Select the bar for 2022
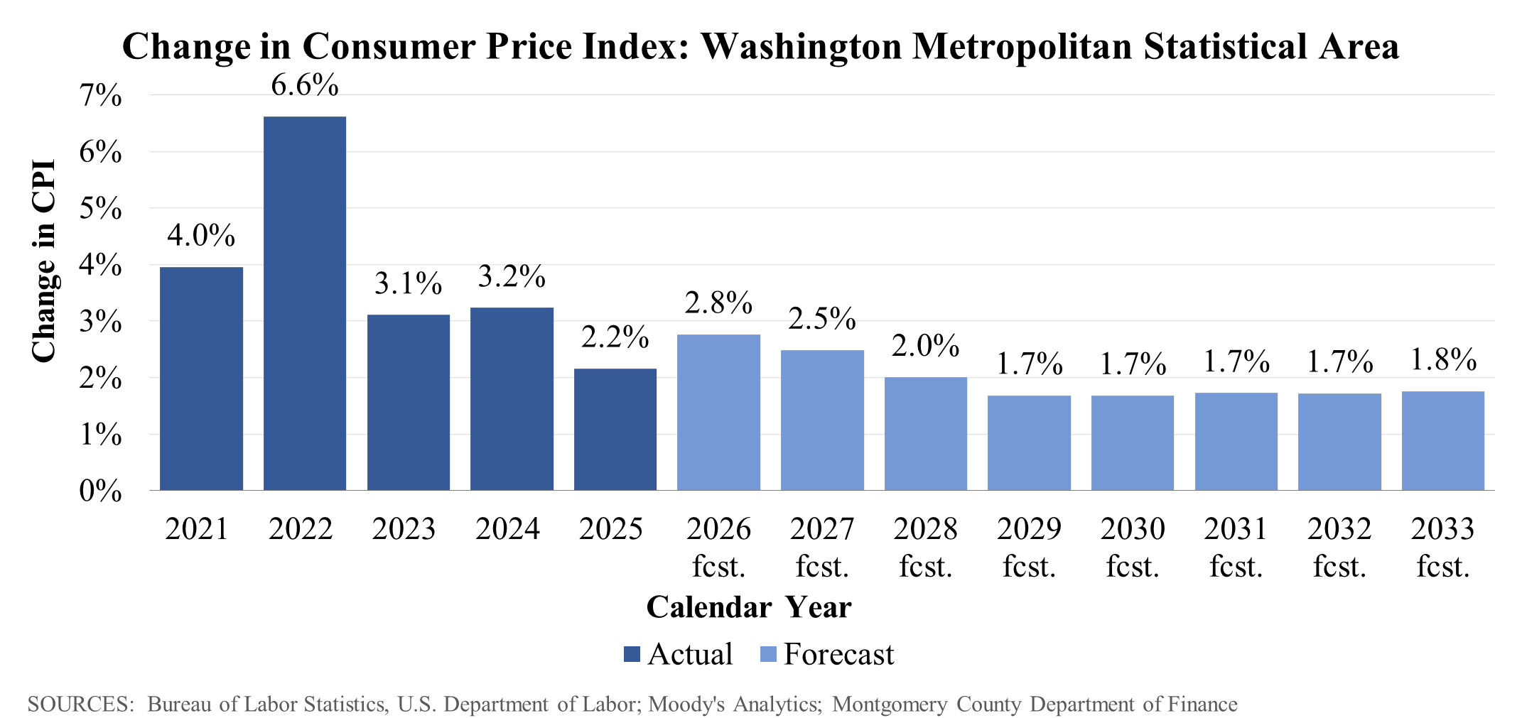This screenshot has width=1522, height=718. click(305, 303)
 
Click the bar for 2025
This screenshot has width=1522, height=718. click(615, 429)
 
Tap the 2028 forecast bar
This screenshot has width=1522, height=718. click(925, 433)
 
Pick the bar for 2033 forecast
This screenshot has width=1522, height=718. click(1442, 440)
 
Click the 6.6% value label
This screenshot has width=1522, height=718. click(305, 85)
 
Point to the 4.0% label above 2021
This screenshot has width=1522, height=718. click(201, 235)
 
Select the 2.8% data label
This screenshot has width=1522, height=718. click(718, 303)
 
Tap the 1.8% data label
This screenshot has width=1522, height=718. click(1443, 360)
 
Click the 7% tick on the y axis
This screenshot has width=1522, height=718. click(100, 95)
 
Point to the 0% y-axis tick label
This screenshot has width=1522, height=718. click(100, 491)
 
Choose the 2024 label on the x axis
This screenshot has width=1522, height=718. click(507, 529)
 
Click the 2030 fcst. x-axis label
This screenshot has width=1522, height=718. click(1133, 548)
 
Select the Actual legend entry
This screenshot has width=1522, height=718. click(679, 654)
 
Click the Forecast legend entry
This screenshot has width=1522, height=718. click(828, 654)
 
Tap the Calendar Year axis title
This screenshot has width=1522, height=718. click(749, 607)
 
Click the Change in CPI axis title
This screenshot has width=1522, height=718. click(44, 261)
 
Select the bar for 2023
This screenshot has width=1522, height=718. click(409, 402)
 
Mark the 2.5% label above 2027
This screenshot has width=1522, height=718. click(822, 319)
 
